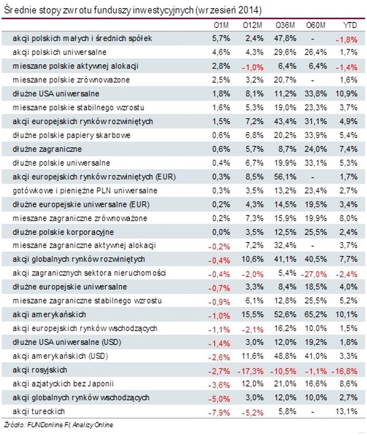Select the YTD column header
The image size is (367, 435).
click(349, 25)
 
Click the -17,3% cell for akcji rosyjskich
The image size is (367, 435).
click(251, 370)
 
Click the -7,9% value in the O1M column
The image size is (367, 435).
click(220, 411)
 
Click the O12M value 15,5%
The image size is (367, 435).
click(252, 314)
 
